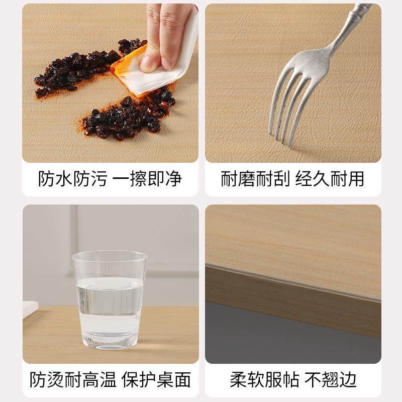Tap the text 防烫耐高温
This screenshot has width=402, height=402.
click(72, 379)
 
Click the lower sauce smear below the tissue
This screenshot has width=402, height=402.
click(126, 118)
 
